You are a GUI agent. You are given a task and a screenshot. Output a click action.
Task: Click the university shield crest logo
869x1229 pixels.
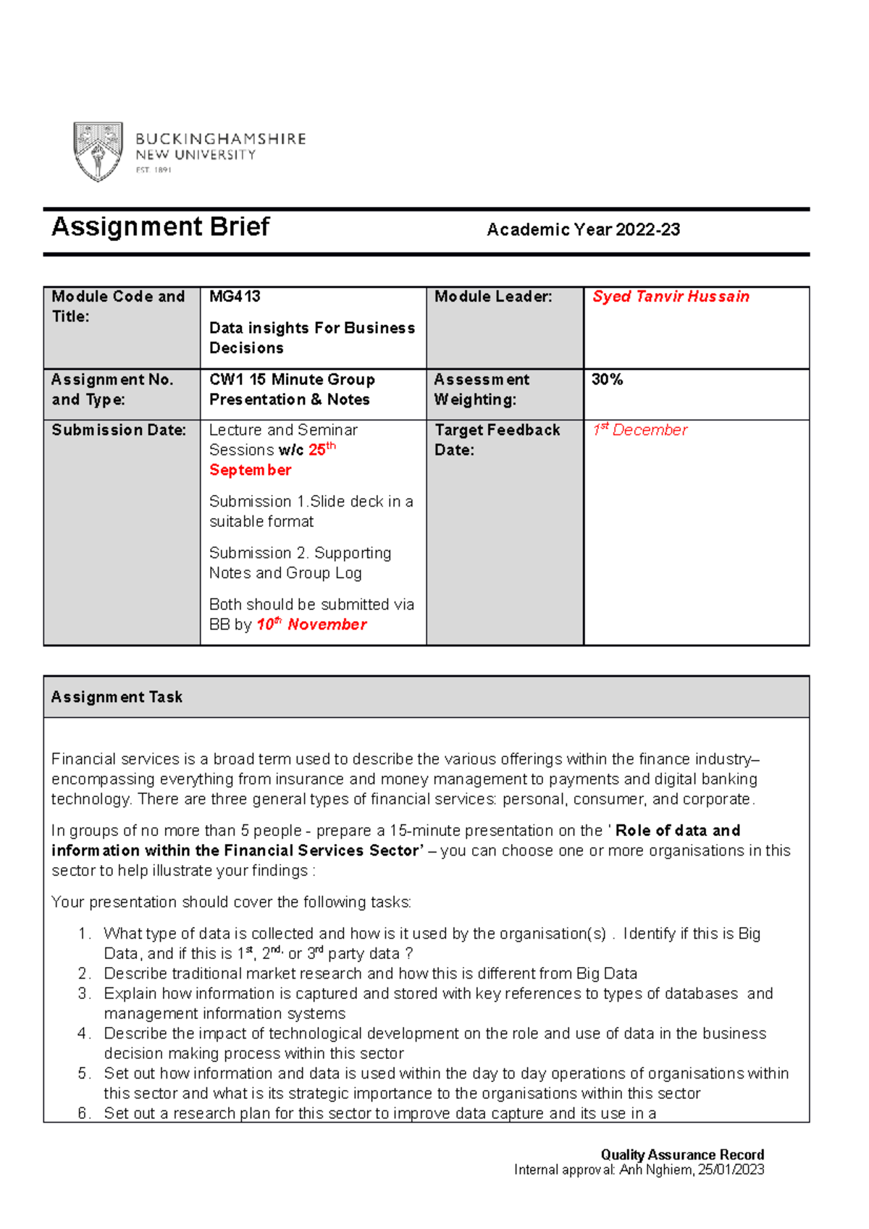click(98, 151)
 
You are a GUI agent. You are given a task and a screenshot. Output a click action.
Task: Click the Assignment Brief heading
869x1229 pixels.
click(160, 227)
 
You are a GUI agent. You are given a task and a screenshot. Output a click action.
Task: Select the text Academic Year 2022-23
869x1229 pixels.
click(583, 230)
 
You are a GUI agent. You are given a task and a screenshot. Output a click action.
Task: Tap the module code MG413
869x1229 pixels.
click(235, 296)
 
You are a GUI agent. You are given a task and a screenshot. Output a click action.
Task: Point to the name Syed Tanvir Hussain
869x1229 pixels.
click(671, 296)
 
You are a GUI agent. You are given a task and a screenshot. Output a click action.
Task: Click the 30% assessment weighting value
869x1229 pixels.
click(607, 379)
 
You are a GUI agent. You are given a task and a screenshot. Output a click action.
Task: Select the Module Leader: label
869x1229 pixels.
click(493, 296)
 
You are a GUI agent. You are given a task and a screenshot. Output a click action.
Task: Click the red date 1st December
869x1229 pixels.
click(639, 430)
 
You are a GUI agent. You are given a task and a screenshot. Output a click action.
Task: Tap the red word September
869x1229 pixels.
click(250, 470)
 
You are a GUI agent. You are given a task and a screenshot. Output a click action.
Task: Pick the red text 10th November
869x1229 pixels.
click(311, 624)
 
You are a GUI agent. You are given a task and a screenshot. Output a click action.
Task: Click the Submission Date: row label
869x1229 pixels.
click(119, 430)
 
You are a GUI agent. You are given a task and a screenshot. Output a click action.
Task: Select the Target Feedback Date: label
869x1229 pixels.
click(497, 439)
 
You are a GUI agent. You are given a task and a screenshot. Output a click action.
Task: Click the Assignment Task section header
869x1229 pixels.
click(117, 697)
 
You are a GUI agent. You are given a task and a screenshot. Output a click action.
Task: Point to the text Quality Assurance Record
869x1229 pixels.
click(682, 1154)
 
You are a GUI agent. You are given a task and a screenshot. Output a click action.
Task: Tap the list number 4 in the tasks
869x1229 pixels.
click(83, 1034)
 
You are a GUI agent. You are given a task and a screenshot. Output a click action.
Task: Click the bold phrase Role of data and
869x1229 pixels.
click(677, 830)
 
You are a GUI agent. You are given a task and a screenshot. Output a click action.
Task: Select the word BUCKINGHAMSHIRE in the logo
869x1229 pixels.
click(221, 138)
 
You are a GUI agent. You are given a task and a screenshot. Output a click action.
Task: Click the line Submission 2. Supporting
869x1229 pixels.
click(300, 553)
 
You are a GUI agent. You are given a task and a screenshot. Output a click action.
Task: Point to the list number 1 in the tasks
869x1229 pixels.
click(83, 934)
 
